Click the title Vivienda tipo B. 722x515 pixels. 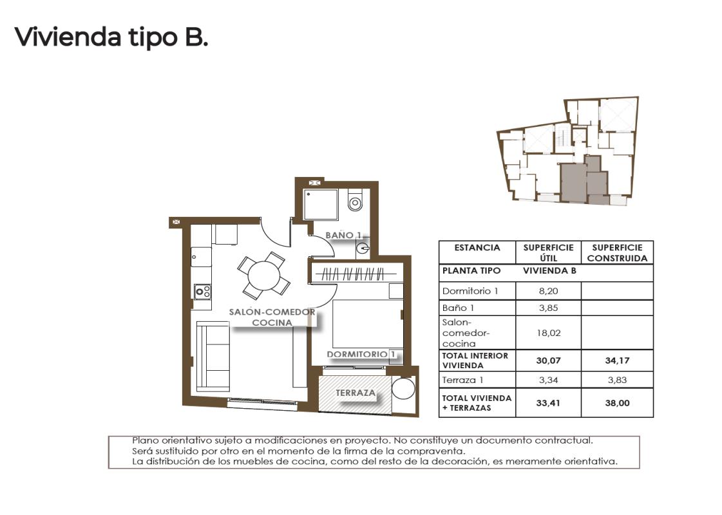pos(111,37)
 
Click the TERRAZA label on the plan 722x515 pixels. pos(355,392)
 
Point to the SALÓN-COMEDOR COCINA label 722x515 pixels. pos(272,317)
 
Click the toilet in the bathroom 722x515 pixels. pos(355,202)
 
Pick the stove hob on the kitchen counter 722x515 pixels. pos(203,292)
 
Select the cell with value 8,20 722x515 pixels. pos(547,291)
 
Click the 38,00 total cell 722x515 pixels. pos(617,404)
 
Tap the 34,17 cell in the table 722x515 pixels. pos(617,360)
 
